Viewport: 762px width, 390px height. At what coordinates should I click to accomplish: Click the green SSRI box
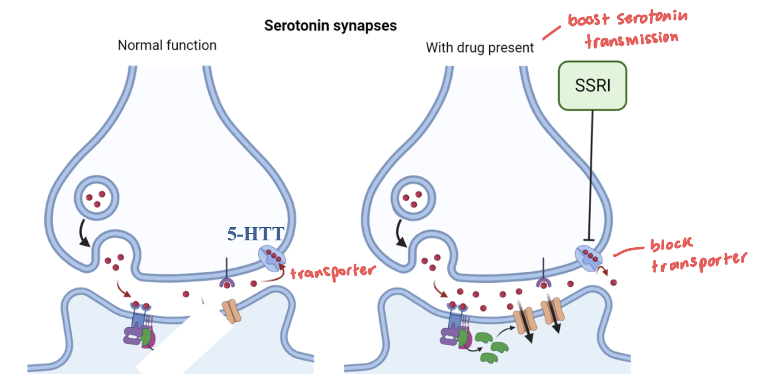click(592, 85)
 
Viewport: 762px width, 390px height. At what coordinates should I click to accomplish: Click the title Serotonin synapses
click(330, 26)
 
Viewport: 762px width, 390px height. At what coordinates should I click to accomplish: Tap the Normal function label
click(167, 45)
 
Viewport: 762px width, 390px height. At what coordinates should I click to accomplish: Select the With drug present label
click(479, 48)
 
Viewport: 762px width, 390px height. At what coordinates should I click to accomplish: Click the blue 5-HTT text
click(255, 234)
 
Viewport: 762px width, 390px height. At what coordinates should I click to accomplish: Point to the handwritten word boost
click(588, 20)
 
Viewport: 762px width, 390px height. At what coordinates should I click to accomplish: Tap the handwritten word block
click(671, 245)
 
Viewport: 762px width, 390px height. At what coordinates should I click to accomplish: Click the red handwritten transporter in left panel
click(333, 272)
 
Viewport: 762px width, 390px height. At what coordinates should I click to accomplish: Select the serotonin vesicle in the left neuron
click(96, 198)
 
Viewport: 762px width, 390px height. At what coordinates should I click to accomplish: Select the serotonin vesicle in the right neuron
click(413, 198)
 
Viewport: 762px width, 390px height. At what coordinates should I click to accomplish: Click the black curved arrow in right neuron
click(400, 233)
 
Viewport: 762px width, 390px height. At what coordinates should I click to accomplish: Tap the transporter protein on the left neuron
click(271, 257)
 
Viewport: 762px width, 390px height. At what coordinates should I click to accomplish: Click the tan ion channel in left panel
click(231, 311)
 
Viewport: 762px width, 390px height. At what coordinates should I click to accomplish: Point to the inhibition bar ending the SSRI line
click(589, 240)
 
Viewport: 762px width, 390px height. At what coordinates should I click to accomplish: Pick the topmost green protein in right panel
click(483, 338)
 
